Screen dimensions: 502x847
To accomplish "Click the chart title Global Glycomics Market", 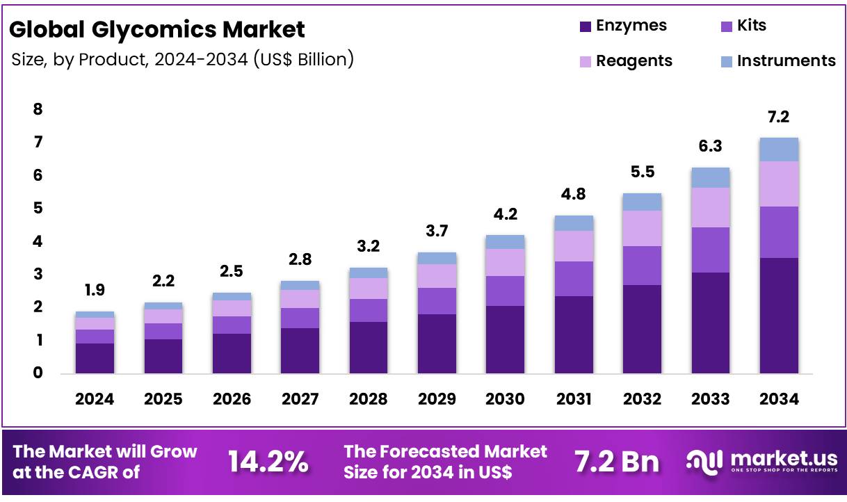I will (x=157, y=30).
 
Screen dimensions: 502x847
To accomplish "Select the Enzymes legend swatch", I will (x=586, y=27).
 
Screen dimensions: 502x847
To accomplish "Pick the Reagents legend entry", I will (x=624, y=61).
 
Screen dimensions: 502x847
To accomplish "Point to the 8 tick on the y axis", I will (x=38, y=109).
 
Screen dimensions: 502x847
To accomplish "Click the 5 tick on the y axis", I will (x=38, y=209).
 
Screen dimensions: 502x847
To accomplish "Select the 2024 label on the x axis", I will (x=95, y=399).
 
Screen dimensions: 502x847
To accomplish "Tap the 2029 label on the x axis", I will (x=437, y=399).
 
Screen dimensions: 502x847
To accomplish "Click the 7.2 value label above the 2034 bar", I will (x=779, y=117).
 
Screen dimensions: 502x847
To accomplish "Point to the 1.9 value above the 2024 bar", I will (x=95, y=290).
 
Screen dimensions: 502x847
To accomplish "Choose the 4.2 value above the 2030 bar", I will (x=505, y=214).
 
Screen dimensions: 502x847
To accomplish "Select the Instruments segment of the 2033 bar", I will (x=710, y=178).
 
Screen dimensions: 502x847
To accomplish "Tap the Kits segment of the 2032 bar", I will (x=642, y=266).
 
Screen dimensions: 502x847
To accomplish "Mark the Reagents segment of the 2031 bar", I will (x=574, y=246).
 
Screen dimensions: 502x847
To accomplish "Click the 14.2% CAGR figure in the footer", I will (x=268, y=461).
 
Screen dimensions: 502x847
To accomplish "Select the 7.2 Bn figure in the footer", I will (x=617, y=461).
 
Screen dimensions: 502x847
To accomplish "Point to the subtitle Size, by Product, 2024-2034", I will (x=182, y=60).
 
